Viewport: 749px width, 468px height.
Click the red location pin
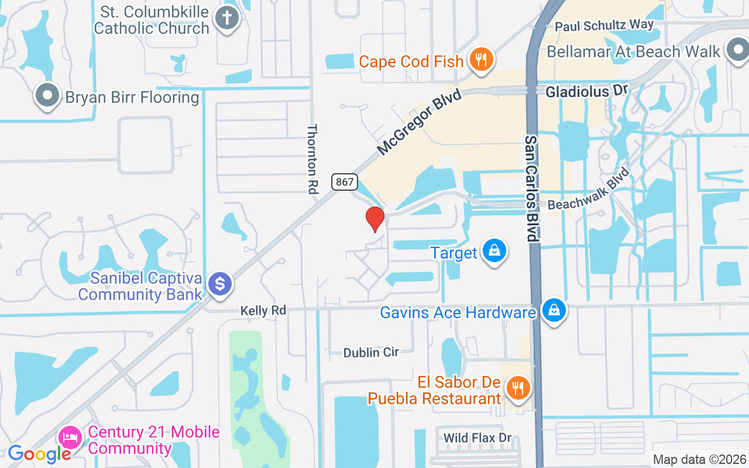374,219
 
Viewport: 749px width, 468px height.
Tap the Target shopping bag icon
494,252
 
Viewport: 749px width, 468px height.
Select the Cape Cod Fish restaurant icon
481,60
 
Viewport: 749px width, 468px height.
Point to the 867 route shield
345,182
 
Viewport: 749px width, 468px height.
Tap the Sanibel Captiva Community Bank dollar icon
220,284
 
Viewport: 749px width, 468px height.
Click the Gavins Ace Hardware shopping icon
553,311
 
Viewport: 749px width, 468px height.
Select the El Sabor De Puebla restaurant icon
517,388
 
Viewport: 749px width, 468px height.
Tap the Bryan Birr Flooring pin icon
47,95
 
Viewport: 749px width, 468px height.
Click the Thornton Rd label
312,159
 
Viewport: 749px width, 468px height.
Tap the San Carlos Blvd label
531,188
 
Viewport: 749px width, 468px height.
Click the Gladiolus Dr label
586,92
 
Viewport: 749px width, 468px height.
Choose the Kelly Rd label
263,311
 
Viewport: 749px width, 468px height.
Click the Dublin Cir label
371,352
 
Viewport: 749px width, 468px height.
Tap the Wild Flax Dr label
477,438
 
